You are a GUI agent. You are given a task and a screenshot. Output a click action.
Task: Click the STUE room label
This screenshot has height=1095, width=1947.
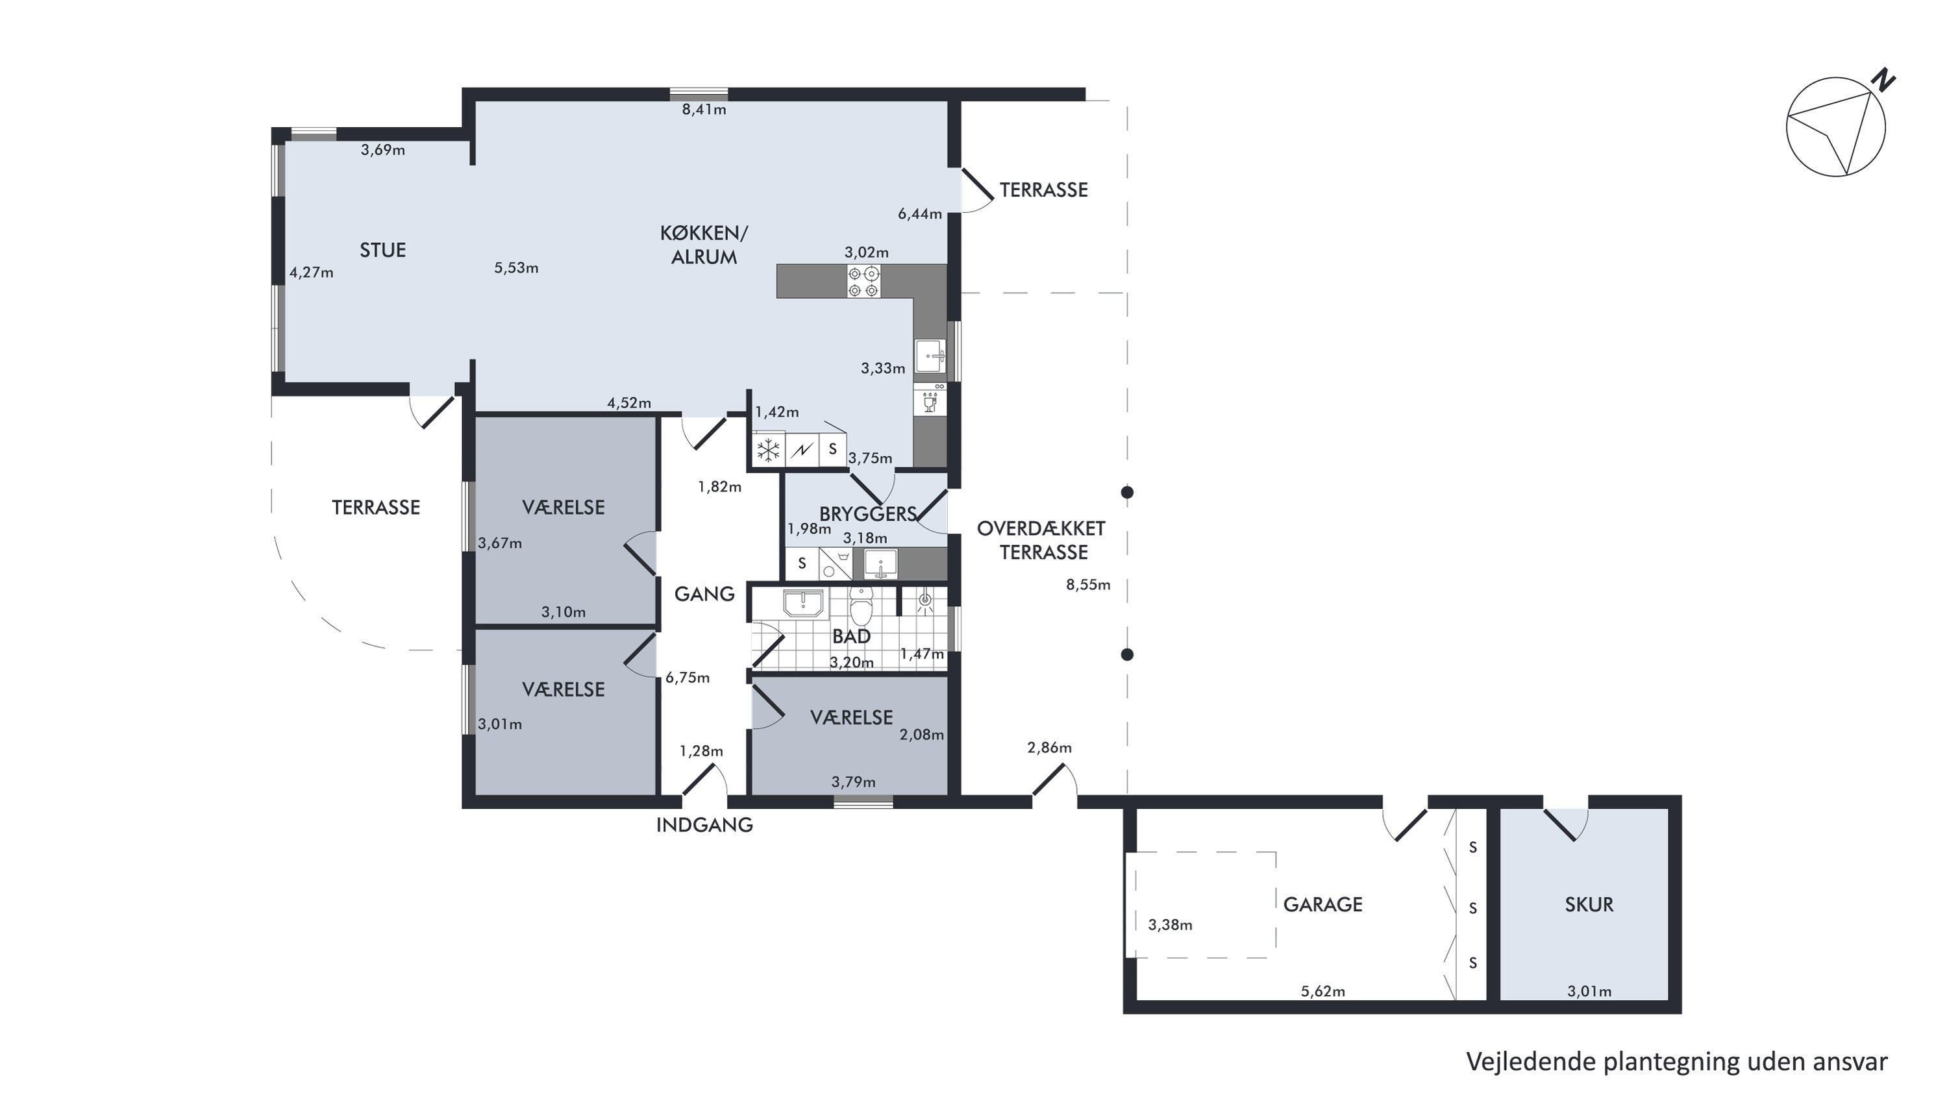click(x=382, y=250)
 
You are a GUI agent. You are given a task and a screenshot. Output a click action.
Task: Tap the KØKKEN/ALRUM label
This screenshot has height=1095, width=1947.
click(x=704, y=245)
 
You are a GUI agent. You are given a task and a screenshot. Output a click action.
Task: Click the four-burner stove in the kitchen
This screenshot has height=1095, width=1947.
click(x=863, y=281)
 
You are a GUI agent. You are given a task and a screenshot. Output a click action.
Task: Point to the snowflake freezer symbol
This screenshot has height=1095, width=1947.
click(x=768, y=450)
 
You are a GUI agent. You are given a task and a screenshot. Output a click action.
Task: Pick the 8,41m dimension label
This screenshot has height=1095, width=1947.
click(x=704, y=110)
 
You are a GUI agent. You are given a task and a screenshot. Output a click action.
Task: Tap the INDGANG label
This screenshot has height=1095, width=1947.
click(x=704, y=824)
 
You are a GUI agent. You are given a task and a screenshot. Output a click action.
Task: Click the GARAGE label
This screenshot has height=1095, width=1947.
click(x=1322, y=905)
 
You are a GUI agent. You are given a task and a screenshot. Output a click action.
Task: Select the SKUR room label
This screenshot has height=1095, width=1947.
click(x=1589, y=905)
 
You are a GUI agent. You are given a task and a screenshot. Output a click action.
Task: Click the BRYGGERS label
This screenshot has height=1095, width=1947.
click(x=868, y=514)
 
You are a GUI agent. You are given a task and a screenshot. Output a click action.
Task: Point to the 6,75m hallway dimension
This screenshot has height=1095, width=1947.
click(x=687, y=678)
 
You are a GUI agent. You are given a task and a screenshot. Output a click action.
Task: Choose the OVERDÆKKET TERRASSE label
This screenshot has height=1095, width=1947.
click(x=1041, y=540)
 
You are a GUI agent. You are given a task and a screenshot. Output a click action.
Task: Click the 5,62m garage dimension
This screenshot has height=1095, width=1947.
click(x=1322, y=991)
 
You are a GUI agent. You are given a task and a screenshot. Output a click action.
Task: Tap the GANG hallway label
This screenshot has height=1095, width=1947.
click(x=704, y=594)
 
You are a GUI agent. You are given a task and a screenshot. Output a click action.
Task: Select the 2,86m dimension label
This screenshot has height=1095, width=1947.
click(x=1049, y=748)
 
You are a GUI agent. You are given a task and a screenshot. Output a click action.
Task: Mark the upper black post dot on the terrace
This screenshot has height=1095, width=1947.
click(x=1127, y=493)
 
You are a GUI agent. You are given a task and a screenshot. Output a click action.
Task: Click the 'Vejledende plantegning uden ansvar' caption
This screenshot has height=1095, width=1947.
click(x=1677, y=1062)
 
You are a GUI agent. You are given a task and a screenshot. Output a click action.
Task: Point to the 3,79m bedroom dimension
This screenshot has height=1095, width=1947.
click(x=853, y=782)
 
